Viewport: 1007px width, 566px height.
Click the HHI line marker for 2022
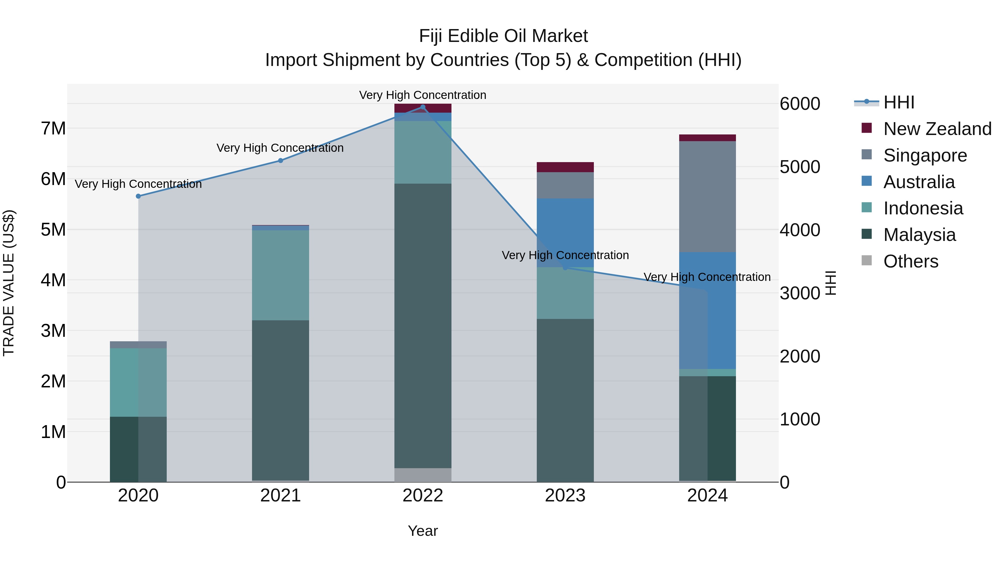tap(423, 107)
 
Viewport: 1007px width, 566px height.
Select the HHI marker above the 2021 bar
tap(280, 160)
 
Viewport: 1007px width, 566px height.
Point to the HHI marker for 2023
tap(565, 267)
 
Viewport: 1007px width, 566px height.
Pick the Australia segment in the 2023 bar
tap(565, 233)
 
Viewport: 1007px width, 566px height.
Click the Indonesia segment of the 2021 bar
tap(280, 275)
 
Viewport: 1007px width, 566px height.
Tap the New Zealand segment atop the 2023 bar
tap(565, 167)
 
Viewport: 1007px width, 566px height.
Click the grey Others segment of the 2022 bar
tap(423, 475)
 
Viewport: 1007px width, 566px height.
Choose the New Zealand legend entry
tap(937, 129)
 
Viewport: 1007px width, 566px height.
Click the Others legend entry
tap(910, 261)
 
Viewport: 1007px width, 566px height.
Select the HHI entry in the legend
tap(898, 102)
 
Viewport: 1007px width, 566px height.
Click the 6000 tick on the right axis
tap(799, 104)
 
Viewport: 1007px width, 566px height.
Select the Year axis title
tap(423, 531)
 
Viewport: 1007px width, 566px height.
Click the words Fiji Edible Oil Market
tap(503, 36)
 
